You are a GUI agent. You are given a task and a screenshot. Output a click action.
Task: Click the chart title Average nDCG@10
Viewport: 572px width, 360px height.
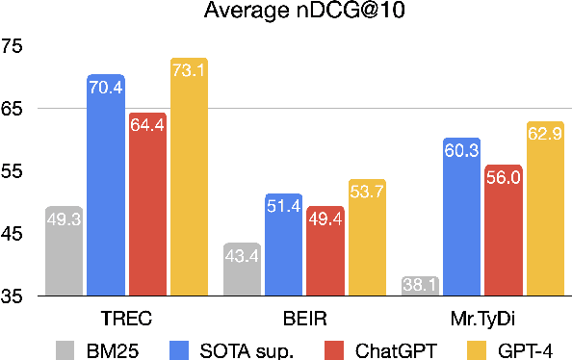coord(286,13)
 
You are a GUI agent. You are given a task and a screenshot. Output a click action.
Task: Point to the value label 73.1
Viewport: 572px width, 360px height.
coord(189,72)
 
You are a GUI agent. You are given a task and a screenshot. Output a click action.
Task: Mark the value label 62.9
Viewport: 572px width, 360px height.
coord(545,136)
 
